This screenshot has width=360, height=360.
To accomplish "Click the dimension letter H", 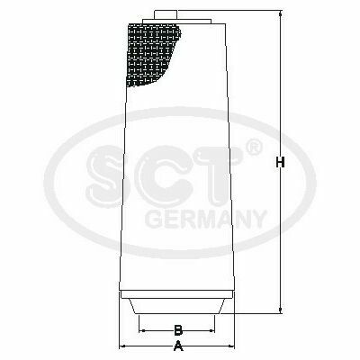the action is click(x=280, y=163).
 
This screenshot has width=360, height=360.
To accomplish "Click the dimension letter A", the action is click(x=178, y=346).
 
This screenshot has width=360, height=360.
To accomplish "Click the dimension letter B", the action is click(x=178, y=330).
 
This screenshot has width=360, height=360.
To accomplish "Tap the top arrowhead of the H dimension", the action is click(x=281, y=13).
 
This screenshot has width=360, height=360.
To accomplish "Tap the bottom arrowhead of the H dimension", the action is click(x=281, y=310).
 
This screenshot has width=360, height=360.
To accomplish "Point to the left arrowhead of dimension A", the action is click(x=122, y=346).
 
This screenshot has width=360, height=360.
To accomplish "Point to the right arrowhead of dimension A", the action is click(x=231, y=346).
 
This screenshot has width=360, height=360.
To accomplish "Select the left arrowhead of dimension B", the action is click(x=142, y=330).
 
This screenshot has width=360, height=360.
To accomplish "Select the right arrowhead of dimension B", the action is click(x=211, y=330).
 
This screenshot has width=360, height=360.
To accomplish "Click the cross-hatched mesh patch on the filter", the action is click(x=150, y=54).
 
